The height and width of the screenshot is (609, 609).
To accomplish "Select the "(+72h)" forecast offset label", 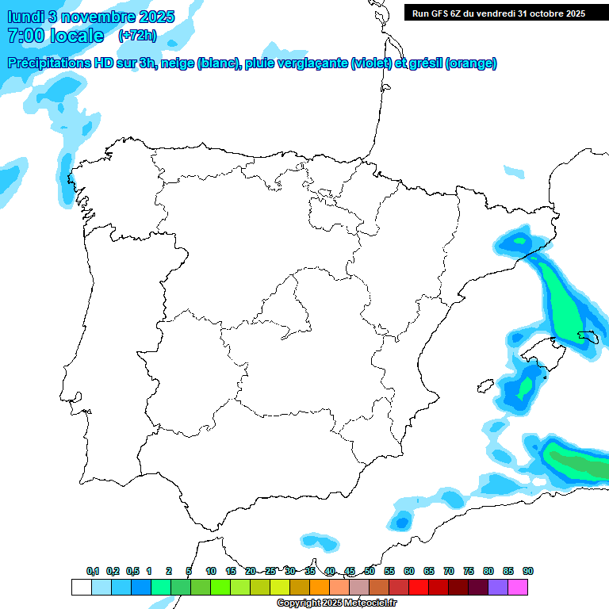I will [137, 36].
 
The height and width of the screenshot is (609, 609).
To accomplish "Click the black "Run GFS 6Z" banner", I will [499, 13].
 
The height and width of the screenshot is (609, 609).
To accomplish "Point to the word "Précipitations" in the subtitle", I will [54, 63].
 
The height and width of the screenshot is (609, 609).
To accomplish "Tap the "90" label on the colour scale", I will [528, 571].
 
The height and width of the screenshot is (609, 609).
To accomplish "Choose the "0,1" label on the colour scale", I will [92, 571].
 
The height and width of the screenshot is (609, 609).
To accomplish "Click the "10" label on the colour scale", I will [211, 571].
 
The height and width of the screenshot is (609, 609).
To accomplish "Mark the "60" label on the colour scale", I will [409, 571].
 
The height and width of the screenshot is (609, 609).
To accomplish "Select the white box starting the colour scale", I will [81, 587].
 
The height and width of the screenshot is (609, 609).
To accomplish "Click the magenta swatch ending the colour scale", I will [518, 587].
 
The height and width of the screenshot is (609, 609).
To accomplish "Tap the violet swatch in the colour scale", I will [498, 587].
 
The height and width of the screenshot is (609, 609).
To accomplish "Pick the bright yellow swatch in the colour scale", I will [279, 587].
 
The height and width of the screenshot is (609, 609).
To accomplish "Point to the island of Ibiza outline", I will [481, 387].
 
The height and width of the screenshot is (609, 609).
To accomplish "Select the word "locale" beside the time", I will [77, 36].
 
